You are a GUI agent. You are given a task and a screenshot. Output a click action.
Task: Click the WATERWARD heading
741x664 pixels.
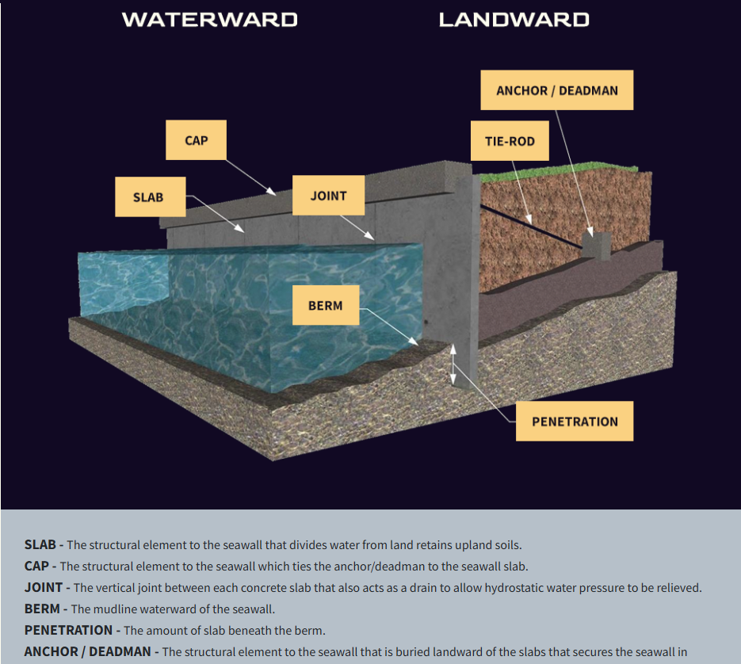(210, 20)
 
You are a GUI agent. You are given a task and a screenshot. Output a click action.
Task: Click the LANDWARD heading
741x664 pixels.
(514, 20)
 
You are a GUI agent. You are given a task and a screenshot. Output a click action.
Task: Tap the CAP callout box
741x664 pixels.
(196, 140)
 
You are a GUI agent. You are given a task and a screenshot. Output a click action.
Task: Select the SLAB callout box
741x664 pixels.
(151, 197)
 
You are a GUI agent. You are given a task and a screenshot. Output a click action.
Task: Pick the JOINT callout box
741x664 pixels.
(328, 195)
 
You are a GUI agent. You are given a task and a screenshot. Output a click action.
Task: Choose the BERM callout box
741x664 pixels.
(326, 305)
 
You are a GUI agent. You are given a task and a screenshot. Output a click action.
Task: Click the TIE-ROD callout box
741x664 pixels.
(510, 141)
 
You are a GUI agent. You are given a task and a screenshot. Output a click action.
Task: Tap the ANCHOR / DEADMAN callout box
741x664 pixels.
(557, 90)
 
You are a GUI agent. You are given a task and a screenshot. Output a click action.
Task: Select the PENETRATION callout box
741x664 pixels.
(575, 421)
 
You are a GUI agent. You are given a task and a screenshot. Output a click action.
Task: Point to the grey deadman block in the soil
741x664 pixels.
(597, 246)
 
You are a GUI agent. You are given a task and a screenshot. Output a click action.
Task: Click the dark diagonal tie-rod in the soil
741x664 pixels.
(531, 227)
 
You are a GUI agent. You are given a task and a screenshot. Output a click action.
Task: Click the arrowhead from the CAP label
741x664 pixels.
(272, 192)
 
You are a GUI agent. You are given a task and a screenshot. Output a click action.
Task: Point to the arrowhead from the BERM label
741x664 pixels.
(414, 341)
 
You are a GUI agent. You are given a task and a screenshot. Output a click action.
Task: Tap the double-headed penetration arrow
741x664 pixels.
(453, 364)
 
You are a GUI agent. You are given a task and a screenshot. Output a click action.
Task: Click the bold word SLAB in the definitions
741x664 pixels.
(40, 544)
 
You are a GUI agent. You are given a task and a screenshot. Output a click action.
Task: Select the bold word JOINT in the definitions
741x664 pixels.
(44, 587)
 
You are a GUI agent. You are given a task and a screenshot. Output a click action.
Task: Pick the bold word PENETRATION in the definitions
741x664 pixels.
(68, 630)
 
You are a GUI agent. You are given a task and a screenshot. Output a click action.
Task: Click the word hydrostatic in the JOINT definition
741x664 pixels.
(514, 588)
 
